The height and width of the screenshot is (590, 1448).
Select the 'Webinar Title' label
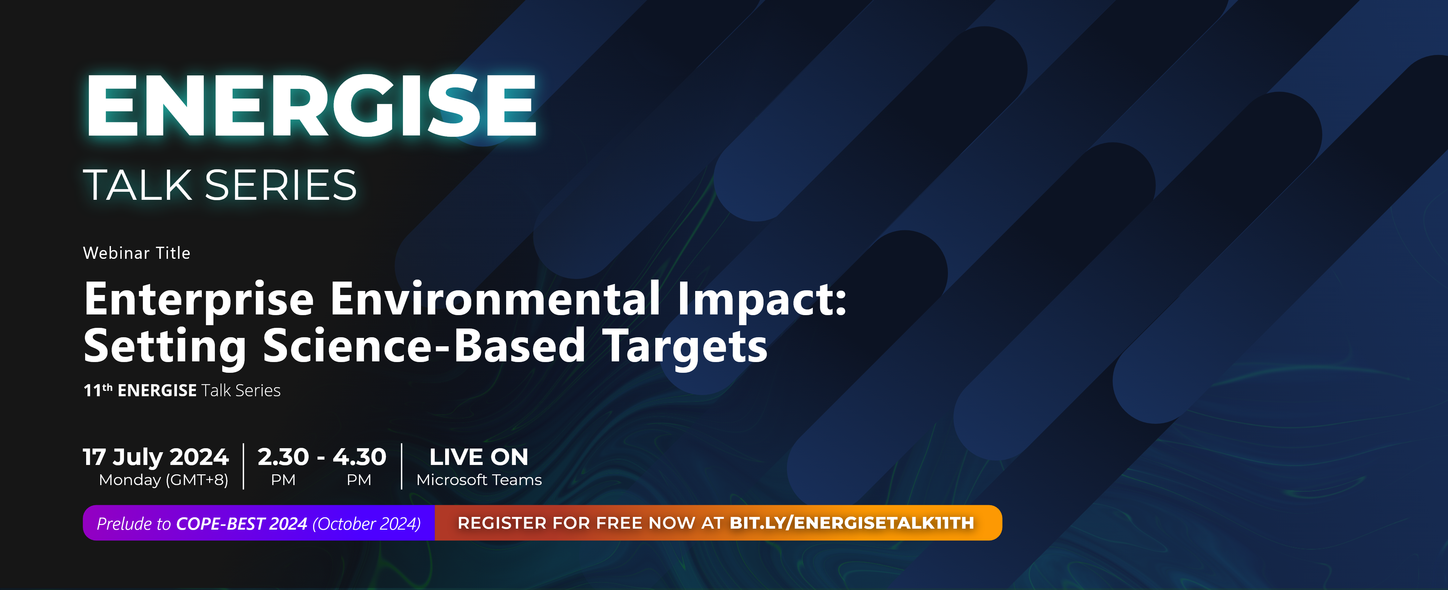click(137, 253)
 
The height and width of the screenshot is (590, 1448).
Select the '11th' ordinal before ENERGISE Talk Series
click(98, 390)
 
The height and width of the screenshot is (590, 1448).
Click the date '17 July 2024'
click(156, 457)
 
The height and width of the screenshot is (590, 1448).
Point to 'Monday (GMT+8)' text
click(164, 480)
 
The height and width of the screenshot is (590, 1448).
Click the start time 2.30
click(283, 457)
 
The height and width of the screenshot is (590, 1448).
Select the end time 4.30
click(359, 457)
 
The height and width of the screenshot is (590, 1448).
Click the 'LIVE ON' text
click(479, 457)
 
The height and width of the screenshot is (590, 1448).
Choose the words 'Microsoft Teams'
click(479, 480)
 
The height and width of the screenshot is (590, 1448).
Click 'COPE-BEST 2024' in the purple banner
click(242, 524)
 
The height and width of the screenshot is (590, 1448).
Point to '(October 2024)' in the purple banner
click(366, 524)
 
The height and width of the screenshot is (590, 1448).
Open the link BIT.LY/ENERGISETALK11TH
click(852, 523)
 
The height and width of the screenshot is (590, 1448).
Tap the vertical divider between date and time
click(243, 466)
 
